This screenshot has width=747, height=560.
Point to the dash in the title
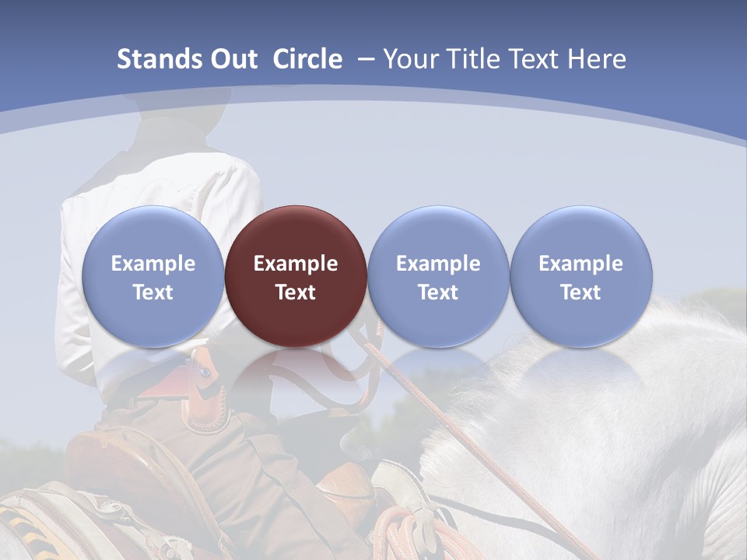365,60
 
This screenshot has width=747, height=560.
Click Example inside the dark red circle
296,264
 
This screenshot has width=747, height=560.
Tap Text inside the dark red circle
296,292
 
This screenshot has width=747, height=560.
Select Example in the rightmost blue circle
581,264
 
